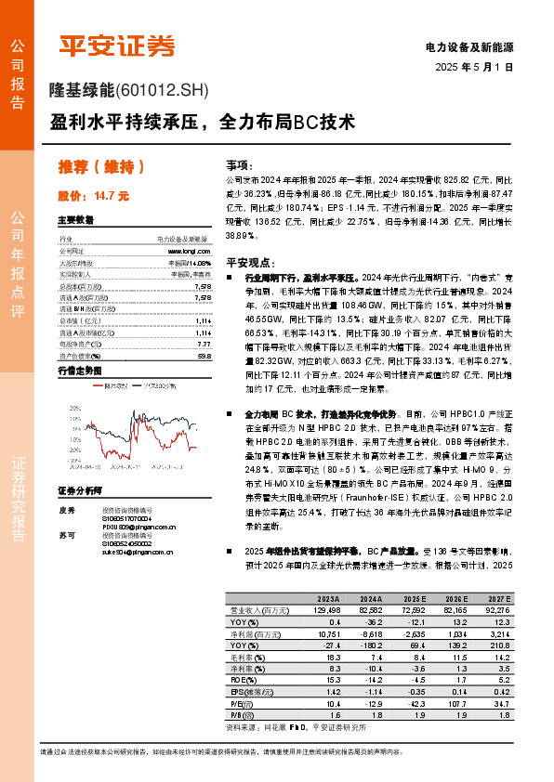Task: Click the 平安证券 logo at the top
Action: coord(117,46)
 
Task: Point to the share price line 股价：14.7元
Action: coord(93,196)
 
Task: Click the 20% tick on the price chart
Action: coord(75,408)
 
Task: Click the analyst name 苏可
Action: coord(65,537)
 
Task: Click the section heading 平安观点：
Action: coord(247,262)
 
